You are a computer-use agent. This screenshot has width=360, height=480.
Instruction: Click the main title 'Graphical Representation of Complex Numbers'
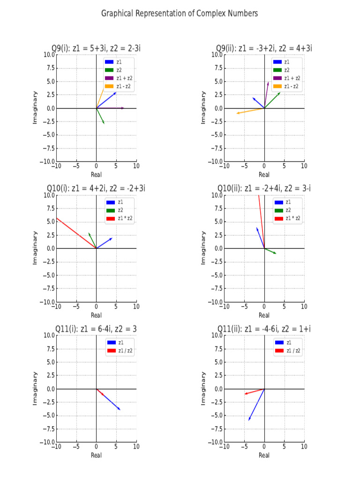180,14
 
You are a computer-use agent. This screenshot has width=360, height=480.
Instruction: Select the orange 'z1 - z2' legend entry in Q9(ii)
287,86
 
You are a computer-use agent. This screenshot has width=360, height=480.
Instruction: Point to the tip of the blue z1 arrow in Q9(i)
116,92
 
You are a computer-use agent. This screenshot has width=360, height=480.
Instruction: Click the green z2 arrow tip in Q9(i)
104,124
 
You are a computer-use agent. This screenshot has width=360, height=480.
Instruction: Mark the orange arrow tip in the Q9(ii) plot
237,113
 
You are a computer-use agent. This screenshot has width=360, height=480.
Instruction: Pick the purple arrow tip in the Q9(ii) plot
269,82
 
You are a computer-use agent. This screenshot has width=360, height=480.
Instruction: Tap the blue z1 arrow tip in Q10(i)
112,238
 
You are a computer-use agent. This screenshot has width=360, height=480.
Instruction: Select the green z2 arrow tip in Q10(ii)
276,254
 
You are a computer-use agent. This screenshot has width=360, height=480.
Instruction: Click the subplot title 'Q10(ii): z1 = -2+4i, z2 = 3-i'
264,188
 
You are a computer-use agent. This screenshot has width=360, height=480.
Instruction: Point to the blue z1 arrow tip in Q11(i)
120,410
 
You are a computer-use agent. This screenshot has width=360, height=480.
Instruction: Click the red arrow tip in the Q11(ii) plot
244,394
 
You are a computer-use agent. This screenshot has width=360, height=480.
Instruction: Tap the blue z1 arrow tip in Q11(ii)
248,420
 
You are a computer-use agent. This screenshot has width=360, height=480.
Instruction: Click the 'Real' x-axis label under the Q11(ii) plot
264,455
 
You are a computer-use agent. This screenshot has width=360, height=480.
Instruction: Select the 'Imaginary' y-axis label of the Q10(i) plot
35,248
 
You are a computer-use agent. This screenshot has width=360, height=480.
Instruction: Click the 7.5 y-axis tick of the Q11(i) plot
49,349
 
